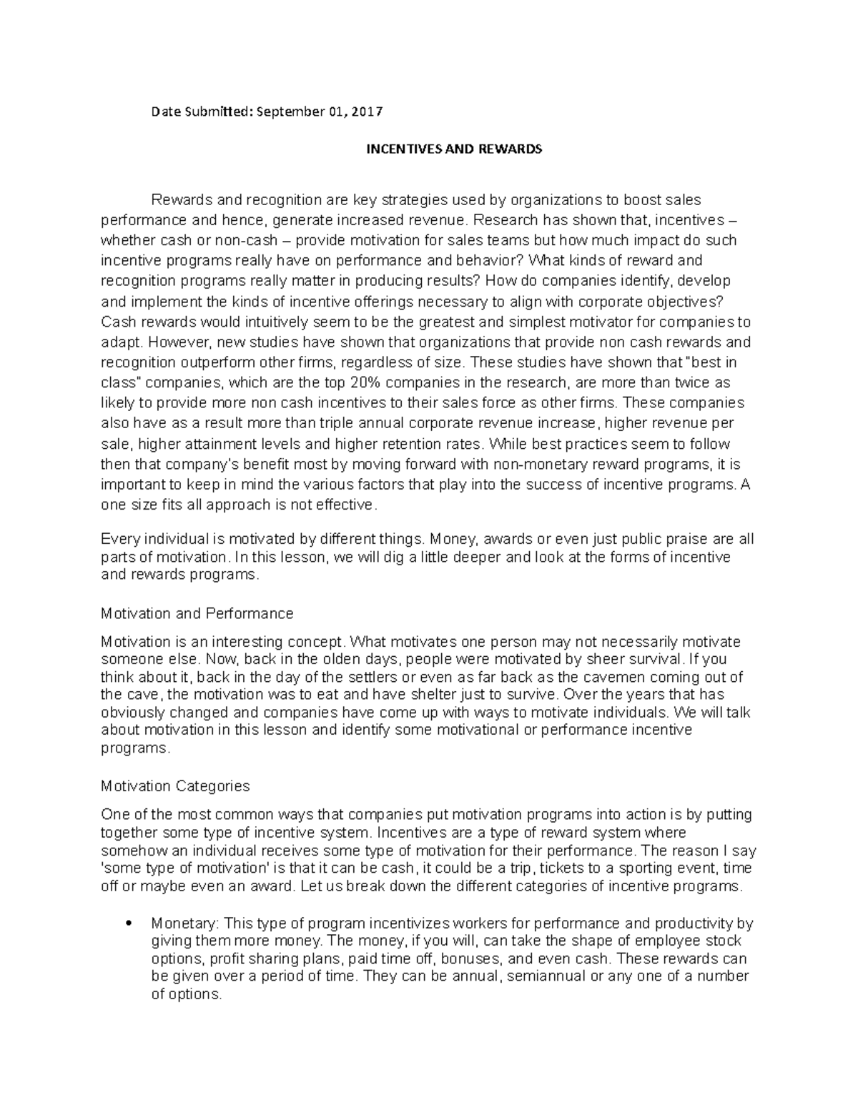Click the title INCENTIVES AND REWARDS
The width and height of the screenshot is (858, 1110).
click(x=454, y=149)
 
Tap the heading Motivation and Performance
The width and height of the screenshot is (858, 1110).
click(x=197, y=613)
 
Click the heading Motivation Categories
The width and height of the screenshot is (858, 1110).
click(x=175, y=786)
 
